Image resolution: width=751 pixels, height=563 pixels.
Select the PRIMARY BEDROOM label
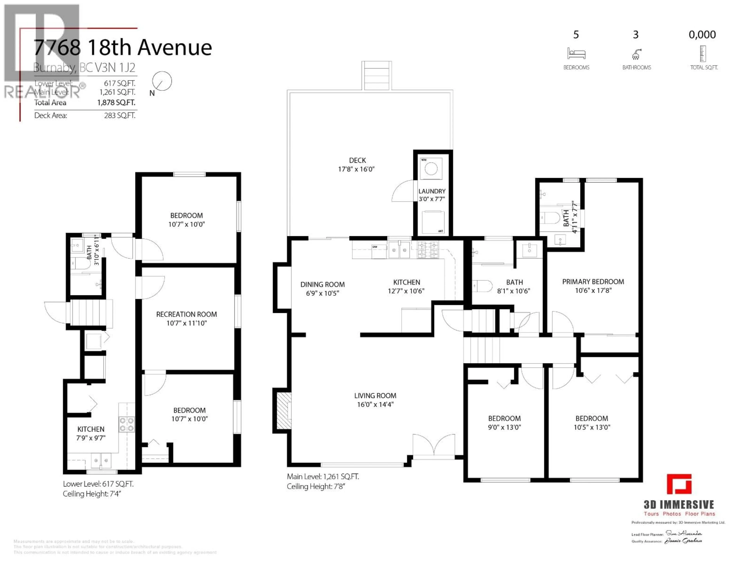pyautogui.click(x=593, y=282)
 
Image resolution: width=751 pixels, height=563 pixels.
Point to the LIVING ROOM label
pyautogui.click(x=375, y=396)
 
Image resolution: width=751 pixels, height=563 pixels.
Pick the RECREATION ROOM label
pyautogui.click(x=186, y=315)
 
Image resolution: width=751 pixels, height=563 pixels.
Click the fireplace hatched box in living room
pyautogui.click(x=284, y=411)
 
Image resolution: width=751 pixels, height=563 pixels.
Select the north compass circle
pyautogui.click(x=162, y=81)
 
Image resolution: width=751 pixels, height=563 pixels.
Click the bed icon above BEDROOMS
pyautogui.click(x=576, y=54)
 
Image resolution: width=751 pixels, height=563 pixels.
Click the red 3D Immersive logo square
pyautogui.click(x=679, y=484)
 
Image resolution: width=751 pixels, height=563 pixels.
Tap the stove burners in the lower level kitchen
pyautogui.click(x=127, y=424)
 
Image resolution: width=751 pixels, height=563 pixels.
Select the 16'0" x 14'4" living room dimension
pyautogui.click(x=375, y=404)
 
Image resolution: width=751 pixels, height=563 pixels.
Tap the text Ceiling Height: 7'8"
pyautogui.click(x=316, y=487)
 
